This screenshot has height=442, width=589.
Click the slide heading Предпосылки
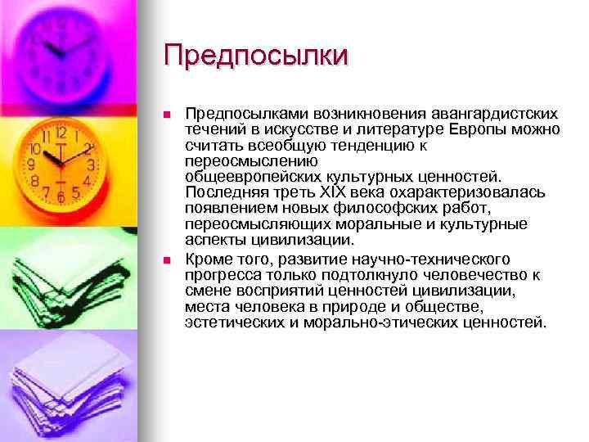255,56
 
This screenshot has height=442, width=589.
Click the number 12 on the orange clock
61,133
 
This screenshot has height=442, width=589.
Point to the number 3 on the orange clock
92,165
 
